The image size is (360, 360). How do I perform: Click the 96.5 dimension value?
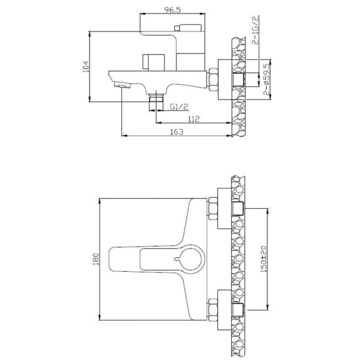[173, 10]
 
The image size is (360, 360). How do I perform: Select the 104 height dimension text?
[85, 67]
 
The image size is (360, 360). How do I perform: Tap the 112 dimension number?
[194, 119]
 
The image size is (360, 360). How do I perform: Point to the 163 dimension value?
[177, 132]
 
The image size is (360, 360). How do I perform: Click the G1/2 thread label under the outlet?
[179, 107]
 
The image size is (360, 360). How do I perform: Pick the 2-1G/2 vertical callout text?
[255, 30]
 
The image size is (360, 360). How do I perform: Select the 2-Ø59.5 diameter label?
[266, 80]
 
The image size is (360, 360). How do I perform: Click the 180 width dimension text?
[96, 259]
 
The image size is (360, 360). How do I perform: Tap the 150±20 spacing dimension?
[264, 259]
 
